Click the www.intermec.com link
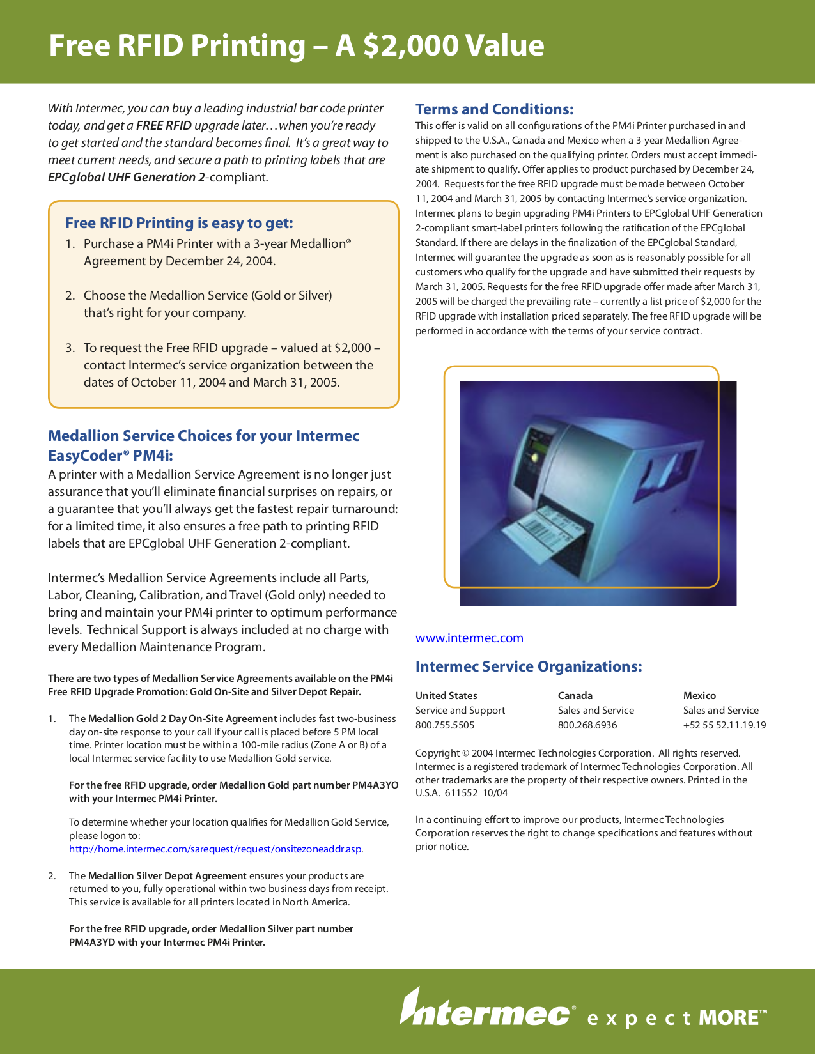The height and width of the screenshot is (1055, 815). tap(469, 638)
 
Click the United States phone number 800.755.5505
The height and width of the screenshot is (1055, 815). tap(445, 725)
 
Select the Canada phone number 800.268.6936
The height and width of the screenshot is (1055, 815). tap(587, 725)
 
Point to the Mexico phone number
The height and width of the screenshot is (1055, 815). tap(724, 725)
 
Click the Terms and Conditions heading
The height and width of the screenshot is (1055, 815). tap(494, 109)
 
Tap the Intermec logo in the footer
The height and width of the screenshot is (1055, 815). tap(485, 1010)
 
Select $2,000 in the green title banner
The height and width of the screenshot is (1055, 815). tap(410, 46)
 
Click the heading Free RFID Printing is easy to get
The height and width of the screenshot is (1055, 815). tap(179, 222)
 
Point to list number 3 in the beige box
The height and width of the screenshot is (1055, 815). tap(70, 348)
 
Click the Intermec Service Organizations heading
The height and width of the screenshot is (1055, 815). tap(528, 666)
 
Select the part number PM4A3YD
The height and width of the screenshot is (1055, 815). tap(92, 942)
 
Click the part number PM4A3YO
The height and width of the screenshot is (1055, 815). tap(375, 785)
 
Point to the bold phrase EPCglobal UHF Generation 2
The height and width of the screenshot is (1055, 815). tap(127, 177)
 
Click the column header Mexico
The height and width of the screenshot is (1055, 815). tap(699, 695)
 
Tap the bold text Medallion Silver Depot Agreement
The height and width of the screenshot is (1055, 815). tap(167, 875)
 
